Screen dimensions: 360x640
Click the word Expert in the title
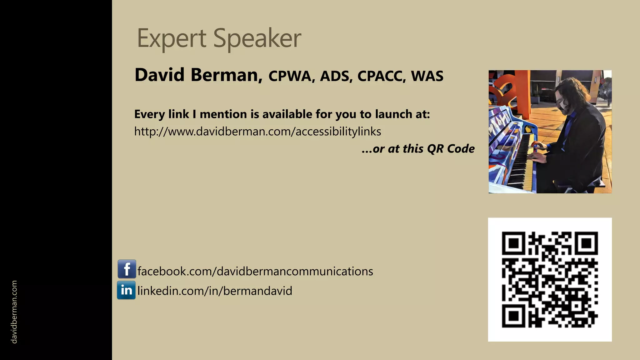pos(171,38)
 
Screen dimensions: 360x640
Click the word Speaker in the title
pos(257,38)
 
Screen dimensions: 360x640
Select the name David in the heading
pos(159,75)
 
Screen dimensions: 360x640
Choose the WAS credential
pos(427,76)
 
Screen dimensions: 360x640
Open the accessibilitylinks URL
pos(257,132)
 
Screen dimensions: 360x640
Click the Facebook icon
pos(127,269)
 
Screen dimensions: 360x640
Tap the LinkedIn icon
pos(126,290)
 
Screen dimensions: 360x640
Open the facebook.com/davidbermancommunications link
pos(255,271)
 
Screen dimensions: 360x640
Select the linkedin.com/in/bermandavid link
pos(215,291)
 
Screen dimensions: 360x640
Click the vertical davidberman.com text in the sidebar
pos(14,312)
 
